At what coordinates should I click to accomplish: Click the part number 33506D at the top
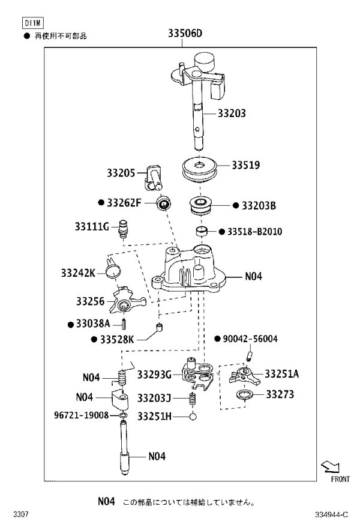click(185, 33)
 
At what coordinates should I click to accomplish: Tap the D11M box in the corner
click(33, 23)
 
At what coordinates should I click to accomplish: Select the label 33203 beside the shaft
click(232, 113)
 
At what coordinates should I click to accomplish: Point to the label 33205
click(121, 173)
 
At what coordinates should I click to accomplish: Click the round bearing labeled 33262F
click(164, 203)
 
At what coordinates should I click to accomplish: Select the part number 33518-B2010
click(254, 232)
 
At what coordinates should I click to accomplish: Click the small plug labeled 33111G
click(124, 229)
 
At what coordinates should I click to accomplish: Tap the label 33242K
click(78, 273)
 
